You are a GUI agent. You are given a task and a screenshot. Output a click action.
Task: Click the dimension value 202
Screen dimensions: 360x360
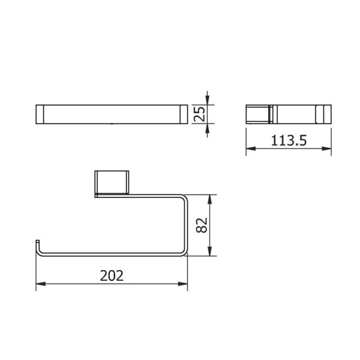point(112,276)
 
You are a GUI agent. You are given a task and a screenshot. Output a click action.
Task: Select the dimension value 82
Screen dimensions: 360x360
point(202,225)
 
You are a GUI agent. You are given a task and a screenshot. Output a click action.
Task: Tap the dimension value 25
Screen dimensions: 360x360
point(199,114)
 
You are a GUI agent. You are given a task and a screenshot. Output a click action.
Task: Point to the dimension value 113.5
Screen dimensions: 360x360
point(289,140)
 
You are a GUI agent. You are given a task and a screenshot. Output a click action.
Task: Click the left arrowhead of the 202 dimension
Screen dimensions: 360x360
point(41,284)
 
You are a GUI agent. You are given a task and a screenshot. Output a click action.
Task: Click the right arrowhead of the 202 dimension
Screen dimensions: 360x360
point(183,284)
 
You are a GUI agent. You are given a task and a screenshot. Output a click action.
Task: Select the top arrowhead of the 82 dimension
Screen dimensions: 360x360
point(209,199)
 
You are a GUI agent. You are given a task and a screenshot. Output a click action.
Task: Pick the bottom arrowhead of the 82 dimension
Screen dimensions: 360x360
point(209,251)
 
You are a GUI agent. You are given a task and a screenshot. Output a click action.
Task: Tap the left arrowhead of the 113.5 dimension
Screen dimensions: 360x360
point(251,149)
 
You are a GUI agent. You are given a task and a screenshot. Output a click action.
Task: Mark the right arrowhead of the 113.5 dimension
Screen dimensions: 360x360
point(326,149)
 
